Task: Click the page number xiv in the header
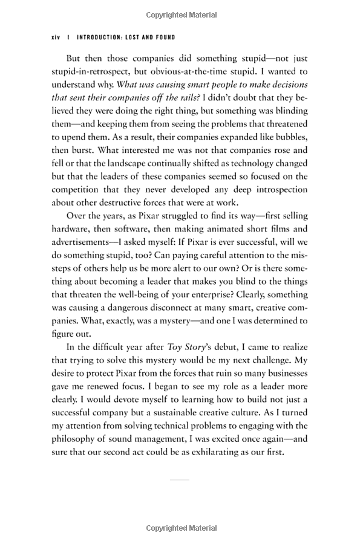pyautogui.click(x=57, y=37)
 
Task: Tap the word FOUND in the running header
pyautogui.click(x=163, y=37)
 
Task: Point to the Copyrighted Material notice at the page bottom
pyautogui.click(x=181, y=528)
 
